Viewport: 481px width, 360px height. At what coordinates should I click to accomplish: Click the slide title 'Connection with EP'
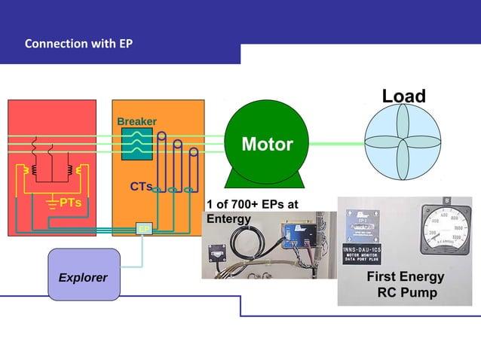(78, 44)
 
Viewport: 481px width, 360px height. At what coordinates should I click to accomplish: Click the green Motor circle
(267, 143)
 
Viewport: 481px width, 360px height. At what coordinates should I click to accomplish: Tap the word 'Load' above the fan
(403, 96)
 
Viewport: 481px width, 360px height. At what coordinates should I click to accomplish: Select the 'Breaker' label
(136, 122)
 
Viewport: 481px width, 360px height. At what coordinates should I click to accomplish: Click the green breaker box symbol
(137, 143)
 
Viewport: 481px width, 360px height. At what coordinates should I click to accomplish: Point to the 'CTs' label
(140, 186)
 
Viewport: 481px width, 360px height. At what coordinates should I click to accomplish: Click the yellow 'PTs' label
(70, 203)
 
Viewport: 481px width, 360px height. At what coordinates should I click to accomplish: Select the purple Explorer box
(84, 274)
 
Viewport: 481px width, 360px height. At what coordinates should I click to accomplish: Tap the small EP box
(142, 228)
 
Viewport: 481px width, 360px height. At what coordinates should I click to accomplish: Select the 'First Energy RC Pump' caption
(405, 285)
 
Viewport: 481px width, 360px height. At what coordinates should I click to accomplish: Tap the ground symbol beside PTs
(52, 203)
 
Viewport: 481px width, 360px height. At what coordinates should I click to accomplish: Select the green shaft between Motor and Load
(336, 143)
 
